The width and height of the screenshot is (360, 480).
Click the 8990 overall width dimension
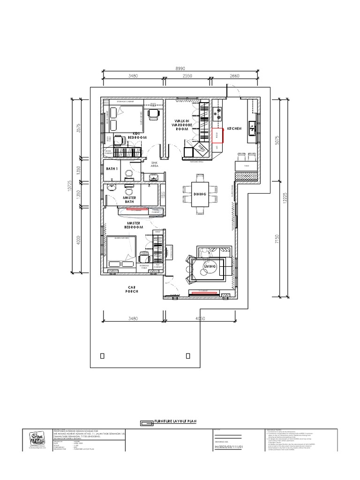[180, 68]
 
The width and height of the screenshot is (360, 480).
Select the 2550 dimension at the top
[187, 75]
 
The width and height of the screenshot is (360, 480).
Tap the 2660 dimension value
[234, 75]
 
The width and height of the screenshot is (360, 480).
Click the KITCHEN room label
[234, 128]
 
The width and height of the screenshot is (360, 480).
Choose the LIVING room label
[210, 266]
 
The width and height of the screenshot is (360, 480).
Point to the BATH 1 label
[112, 168]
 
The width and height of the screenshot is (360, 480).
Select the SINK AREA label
[155, 163]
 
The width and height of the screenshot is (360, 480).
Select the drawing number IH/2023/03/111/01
[229, 447]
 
